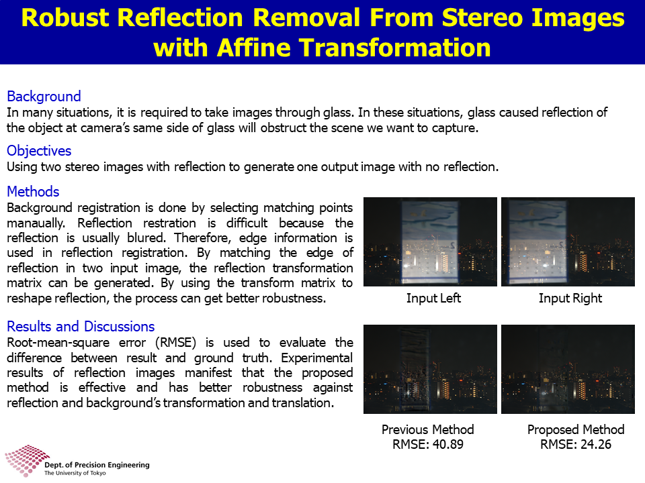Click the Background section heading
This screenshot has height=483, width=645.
pos(44,96)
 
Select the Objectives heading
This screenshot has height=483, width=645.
pos(39,151)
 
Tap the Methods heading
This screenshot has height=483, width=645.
pos(33,191)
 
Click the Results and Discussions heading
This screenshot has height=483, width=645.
pos(81,326)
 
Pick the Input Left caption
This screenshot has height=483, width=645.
pos(433,298)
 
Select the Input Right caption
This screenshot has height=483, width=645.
pos(570,298)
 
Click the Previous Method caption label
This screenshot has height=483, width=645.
pos(428,429)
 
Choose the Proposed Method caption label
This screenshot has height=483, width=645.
pos(576,429)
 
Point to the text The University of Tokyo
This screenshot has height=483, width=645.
pos(75,473)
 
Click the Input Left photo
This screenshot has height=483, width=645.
pos(430,242)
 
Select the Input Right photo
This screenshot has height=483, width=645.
pos(568,242)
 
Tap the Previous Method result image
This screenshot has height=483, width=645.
pos(430,369)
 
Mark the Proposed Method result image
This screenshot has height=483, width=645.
pos(568,369)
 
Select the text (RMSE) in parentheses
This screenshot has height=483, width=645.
pos(175,343)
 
